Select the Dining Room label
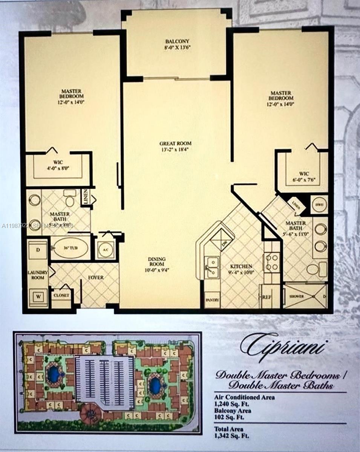tap(156, 262)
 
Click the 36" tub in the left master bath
tap(70, 247)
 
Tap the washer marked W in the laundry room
tap(38, 296)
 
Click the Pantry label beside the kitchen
tap(212, 300)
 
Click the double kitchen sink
tap(212, 267)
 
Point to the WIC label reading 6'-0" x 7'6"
tap(304, 176)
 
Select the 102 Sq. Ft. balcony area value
tap(229, 417)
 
